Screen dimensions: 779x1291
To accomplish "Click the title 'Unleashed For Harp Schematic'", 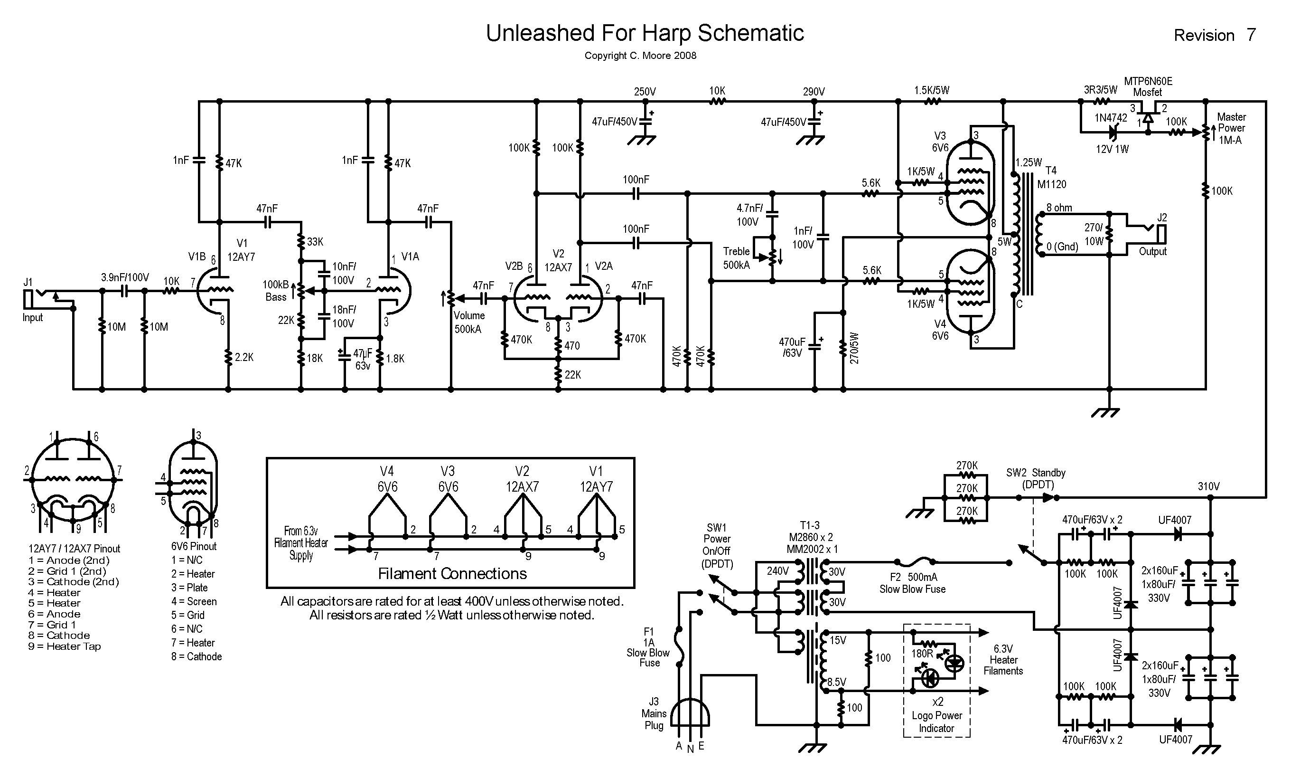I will [x=645, y=33].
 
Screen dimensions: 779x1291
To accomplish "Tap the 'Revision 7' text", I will [x=1215, y=35].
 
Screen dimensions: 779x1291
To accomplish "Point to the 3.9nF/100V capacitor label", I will [x=125, y=277].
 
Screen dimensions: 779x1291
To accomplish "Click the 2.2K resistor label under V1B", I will [x=244, y=358].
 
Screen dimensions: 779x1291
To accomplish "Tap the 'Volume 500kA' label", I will [x=468, y=323].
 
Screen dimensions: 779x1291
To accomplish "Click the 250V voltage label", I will [x=645, y=92].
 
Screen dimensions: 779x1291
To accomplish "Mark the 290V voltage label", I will [x=814, y=92].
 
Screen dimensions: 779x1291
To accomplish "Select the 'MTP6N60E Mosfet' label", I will [x=1148, y=86].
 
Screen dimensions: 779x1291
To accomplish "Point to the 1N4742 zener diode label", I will [x=1110, y=118].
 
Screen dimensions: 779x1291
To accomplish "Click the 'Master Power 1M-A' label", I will [x=1231, y=128].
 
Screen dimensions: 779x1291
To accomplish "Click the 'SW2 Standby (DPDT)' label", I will [x=1035, y=479].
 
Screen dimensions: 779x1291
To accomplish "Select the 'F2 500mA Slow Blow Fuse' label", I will [x=912, y=583].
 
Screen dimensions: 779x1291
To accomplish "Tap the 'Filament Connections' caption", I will [x=452, y=573].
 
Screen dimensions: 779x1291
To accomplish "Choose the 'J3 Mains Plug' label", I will [x=654, y=713].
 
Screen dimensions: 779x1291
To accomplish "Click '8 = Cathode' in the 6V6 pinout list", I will [x=196, y=656].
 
